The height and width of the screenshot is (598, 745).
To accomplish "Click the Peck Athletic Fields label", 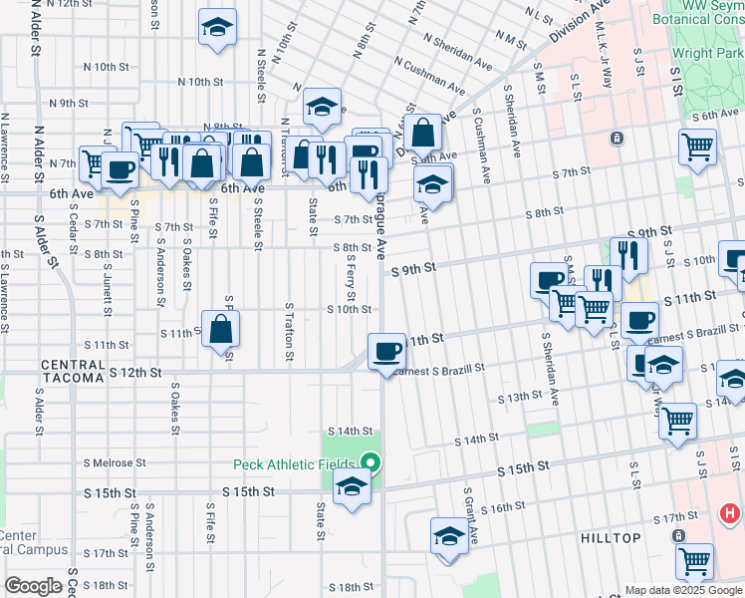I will [295, 464].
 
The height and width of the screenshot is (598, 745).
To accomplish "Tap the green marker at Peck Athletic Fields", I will [371, 462].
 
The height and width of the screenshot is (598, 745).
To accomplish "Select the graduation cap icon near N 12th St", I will [215, 29].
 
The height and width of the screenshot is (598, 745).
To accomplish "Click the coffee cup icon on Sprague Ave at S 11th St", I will [385, 351].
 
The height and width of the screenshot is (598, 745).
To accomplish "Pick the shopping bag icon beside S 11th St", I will [221, 328].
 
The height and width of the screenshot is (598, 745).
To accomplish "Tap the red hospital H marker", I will [729, 514].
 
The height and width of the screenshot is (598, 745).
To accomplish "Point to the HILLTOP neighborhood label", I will [612, 537].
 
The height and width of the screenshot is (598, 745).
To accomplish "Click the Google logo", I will [33, 586].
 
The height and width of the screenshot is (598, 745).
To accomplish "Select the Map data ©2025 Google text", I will [683, 590].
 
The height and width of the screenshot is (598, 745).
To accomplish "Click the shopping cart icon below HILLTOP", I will [694, 560].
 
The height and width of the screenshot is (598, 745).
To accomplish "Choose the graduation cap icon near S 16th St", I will [449, 536].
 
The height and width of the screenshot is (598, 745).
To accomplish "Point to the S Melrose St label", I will [116, 463].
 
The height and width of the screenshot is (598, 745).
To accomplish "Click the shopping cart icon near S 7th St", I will [697, 148].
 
